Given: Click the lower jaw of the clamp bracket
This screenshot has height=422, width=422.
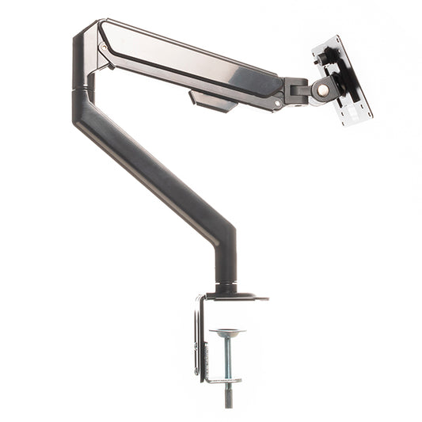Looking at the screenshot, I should pyautogui.click(x=222, y=382).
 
